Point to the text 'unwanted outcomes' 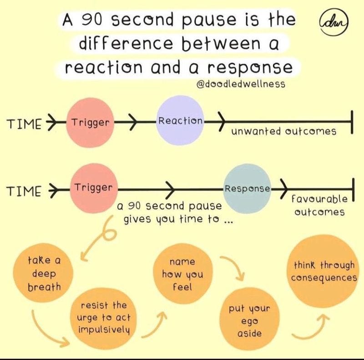coord(283,131)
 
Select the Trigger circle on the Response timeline coord(93,188)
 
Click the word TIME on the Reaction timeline coord(24,124)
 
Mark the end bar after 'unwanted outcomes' coord(352,123)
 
